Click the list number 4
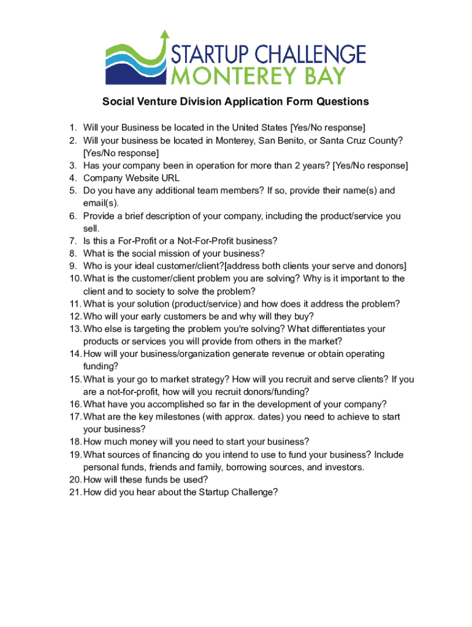pyautogui.click(x=72, y=178)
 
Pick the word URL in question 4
pyautogui.click(x=170, y=178)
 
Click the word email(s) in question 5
pyautogui.click(x=101, y=203)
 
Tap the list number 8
pyautogui.click(x=72, y=253)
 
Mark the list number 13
pyautogui.click(x=75, y=329)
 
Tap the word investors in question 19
pyautogui.click(x=343, y=467)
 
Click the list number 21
pyautogui.click(x=75, y=492)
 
